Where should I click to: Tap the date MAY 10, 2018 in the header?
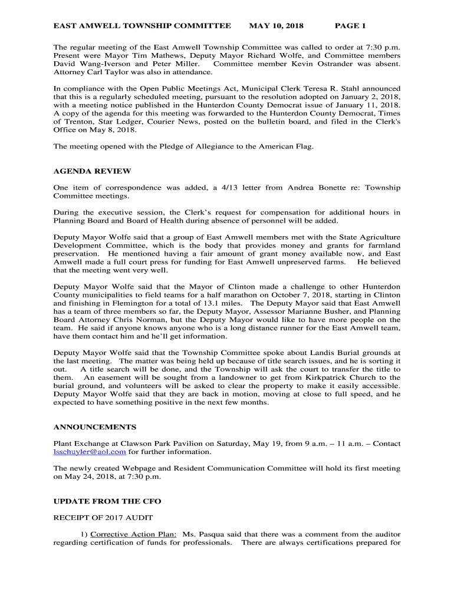tap(276, 26)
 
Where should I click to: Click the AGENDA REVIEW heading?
tap(92, 171)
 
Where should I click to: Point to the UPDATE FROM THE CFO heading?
tap(107, 501)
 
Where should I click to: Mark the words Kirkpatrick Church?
tap(336, 377)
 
